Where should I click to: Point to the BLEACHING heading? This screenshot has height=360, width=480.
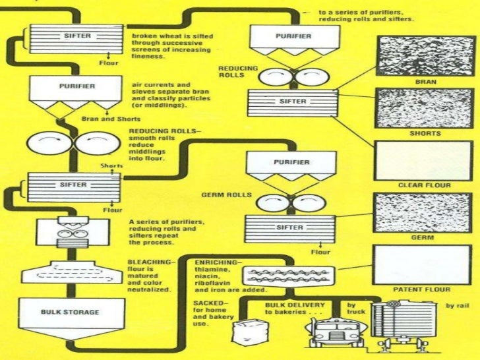[150, 262]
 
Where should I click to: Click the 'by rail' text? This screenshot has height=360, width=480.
[456, 306]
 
